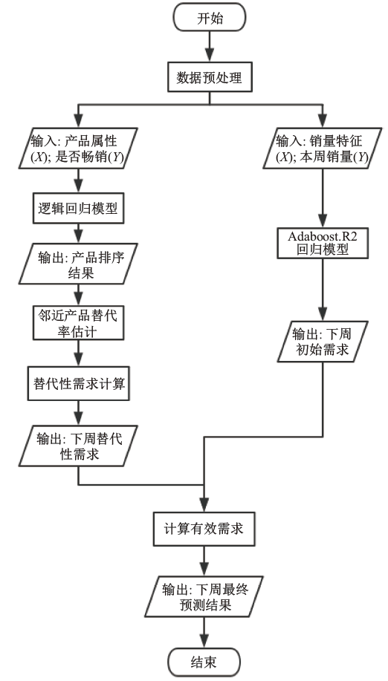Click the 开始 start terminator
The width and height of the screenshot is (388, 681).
210,18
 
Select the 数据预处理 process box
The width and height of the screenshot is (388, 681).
210,78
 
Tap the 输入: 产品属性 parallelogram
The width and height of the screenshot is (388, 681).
78,148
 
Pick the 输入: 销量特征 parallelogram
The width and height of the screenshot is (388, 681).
323,148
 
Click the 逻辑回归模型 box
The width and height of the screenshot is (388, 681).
78,209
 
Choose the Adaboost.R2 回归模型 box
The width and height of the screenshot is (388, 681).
323,244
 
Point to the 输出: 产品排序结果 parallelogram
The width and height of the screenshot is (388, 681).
78,264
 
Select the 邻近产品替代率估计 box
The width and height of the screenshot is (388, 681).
78,323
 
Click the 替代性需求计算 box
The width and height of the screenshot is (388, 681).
79,383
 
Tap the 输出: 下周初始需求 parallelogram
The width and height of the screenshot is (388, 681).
323,342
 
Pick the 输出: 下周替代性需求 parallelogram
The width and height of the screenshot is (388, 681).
78,446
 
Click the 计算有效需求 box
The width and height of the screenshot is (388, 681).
204,529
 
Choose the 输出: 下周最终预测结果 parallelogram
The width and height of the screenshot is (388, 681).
204,597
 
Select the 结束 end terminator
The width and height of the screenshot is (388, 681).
204,662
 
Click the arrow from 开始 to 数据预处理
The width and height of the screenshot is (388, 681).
210,48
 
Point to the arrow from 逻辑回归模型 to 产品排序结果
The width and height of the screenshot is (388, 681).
78,233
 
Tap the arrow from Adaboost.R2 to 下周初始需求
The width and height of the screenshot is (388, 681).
323,290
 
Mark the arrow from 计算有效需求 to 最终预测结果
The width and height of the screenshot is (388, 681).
204,561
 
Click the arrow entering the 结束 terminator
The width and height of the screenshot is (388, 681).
204,633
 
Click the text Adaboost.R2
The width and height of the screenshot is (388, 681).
323,237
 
